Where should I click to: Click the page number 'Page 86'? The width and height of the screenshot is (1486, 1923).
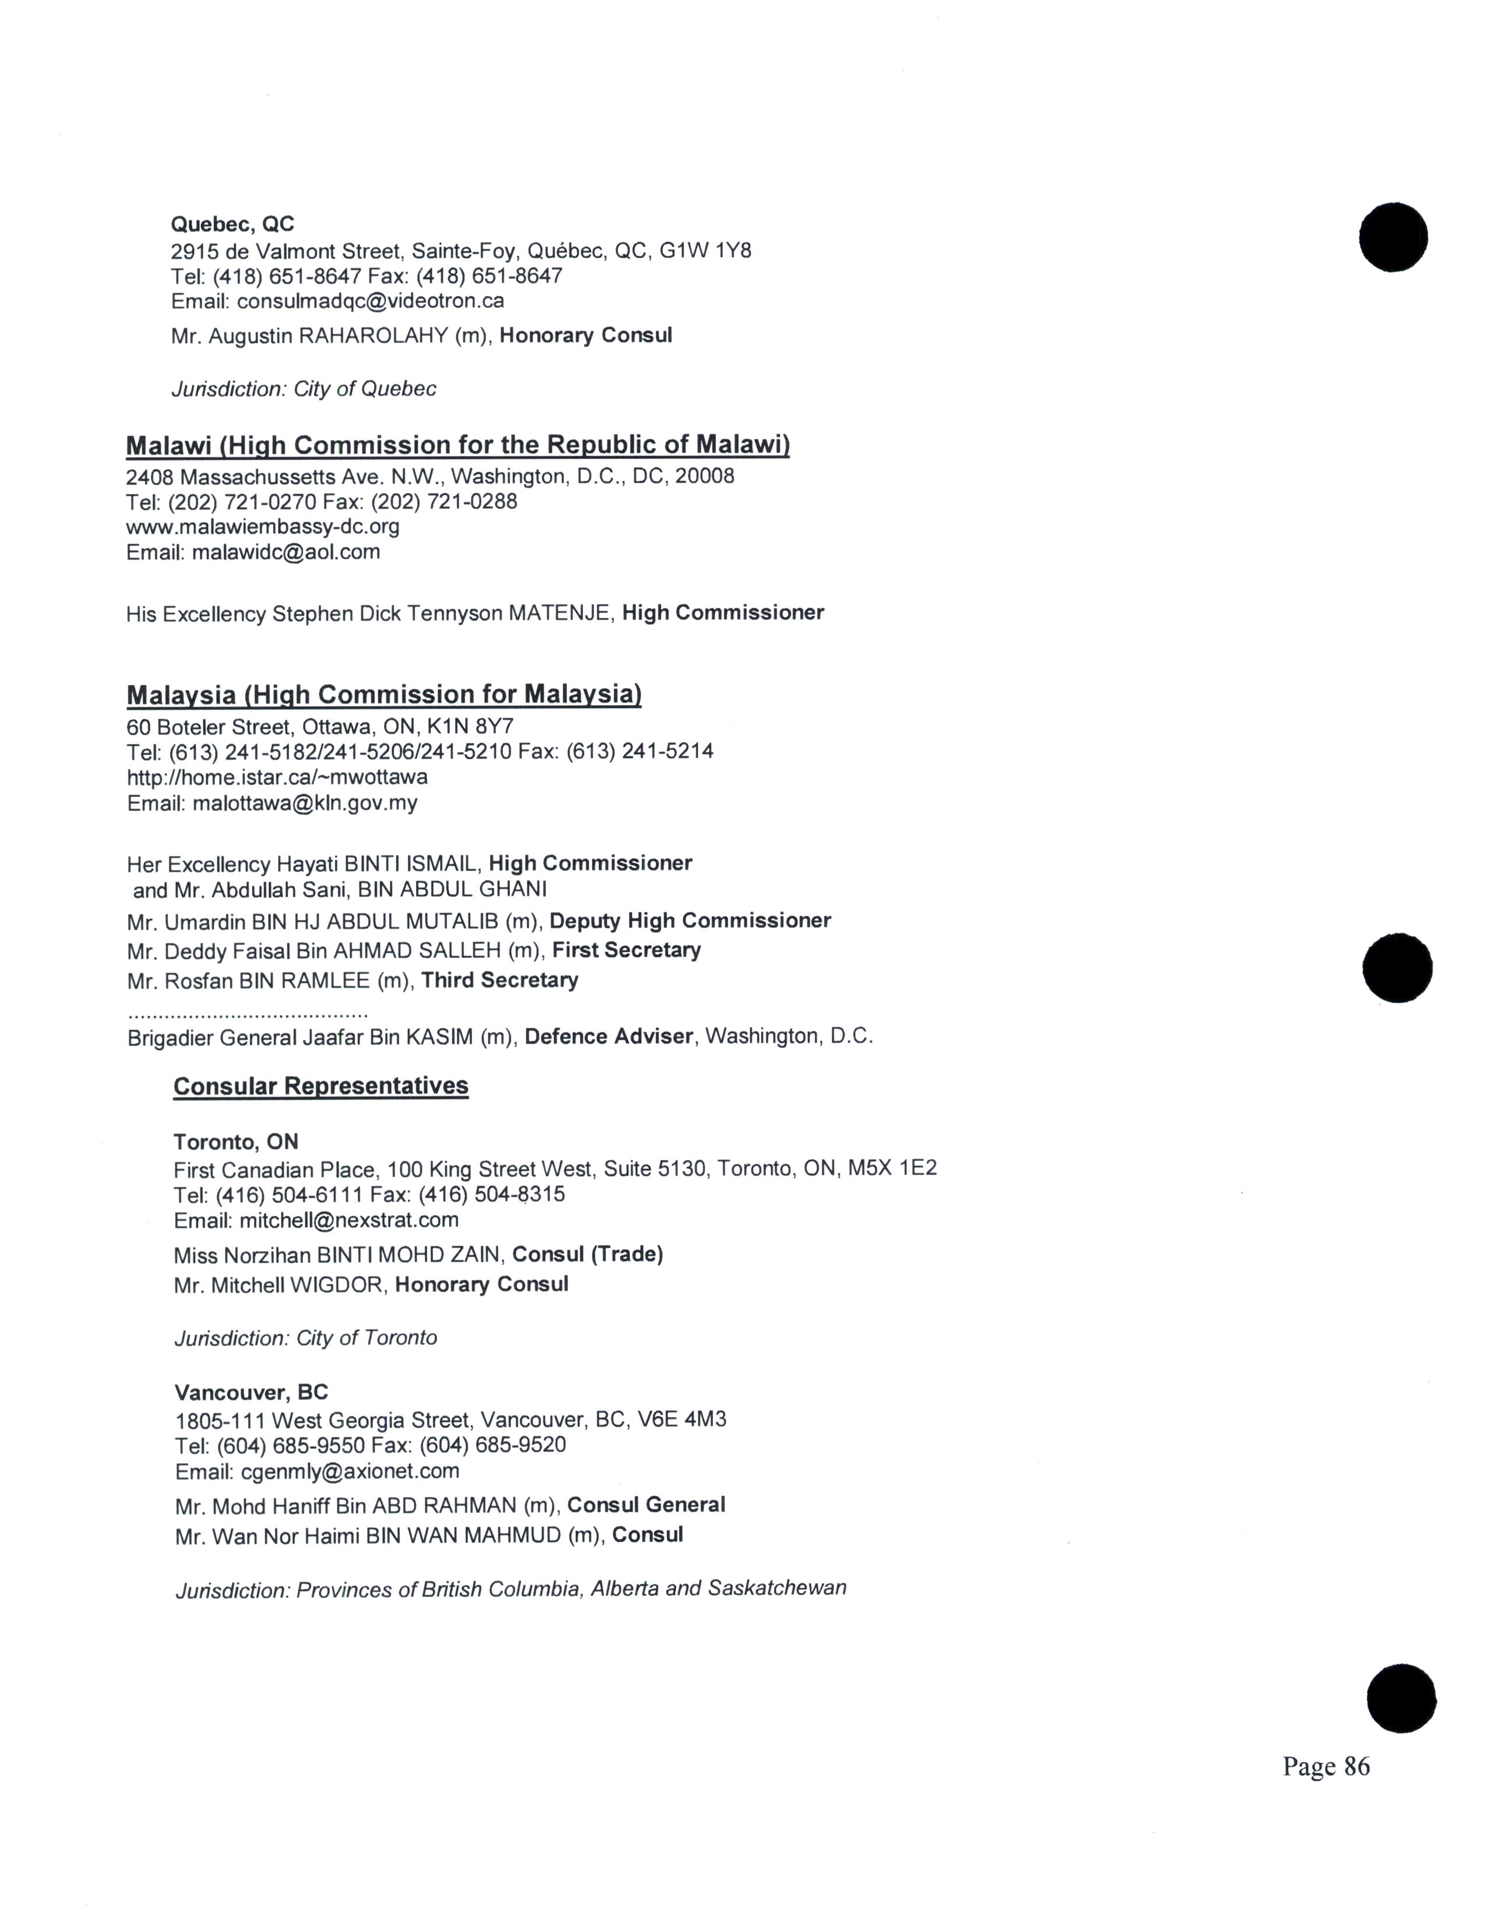point(1325,1766)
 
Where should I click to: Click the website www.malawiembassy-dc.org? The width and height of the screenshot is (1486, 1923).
point(262,527)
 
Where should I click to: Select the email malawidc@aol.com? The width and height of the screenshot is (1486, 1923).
point(286,552)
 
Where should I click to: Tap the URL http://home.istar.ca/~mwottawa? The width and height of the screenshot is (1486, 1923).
point(277,777)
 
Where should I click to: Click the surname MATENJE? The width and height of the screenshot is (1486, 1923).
point(560,614)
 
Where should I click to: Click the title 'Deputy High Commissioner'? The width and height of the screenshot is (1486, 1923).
point(690,921)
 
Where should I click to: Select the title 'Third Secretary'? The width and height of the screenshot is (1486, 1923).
point(499,980)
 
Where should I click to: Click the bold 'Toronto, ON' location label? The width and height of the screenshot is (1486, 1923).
point(236,1142)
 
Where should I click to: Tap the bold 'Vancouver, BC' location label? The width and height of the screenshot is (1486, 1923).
point(251,1392)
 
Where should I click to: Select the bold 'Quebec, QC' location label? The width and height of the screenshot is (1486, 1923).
point(233,224)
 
